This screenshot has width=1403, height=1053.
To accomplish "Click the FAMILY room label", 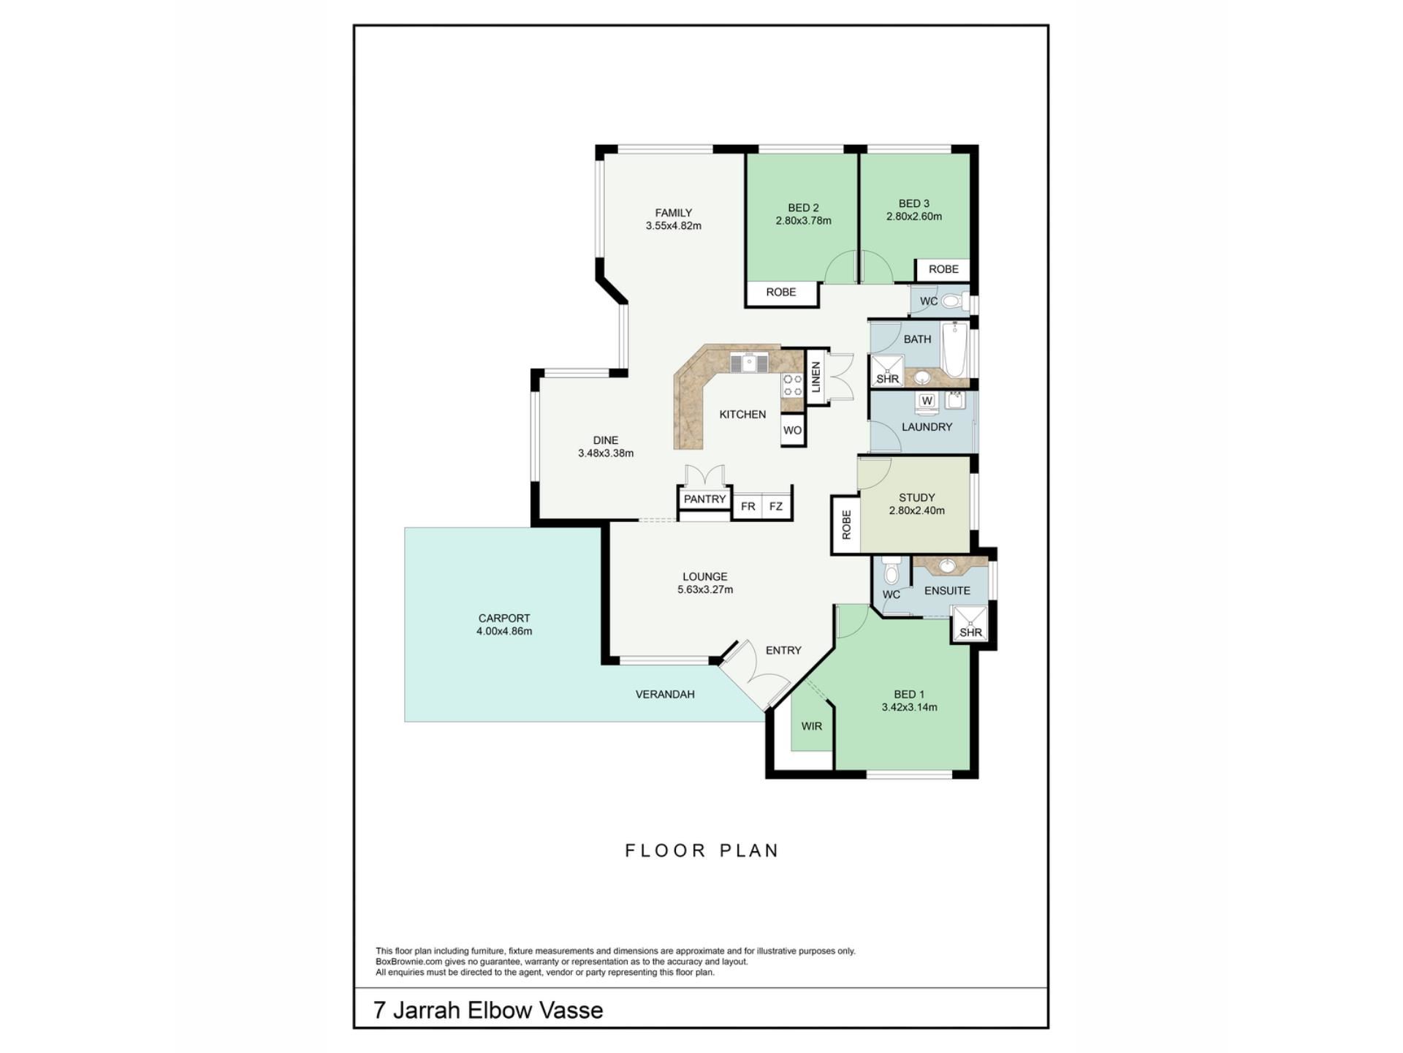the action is (673, 213).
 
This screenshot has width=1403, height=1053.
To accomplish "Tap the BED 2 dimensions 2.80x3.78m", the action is (803, 221).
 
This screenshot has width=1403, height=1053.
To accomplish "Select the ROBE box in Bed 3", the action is (943, 269).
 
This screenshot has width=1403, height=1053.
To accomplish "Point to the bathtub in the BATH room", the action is (954, 350).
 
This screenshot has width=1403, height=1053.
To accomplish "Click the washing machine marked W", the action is (927, 401).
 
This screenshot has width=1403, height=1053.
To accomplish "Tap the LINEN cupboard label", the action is (816, 377).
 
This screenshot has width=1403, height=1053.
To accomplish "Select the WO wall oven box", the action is (792, 430).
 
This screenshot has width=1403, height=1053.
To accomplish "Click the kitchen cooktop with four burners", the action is (793, 385).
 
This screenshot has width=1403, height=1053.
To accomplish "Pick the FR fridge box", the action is (748, 506).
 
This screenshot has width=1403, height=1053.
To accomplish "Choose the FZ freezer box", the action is (776, 506).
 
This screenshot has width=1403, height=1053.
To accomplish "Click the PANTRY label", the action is (704, 499).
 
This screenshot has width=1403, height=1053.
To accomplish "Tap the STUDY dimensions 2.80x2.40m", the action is (916, 511).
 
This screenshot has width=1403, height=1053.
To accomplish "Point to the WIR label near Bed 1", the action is (811, 726).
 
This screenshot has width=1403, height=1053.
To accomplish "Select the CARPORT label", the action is (504, 618).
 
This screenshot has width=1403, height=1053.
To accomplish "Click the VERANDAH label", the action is (665, 694).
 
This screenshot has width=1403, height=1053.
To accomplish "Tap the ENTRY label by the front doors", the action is (783, 650).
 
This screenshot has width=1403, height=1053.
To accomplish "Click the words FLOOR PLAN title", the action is (702, 850).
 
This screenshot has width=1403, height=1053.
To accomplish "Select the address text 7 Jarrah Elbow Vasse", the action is (488, 1011).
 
